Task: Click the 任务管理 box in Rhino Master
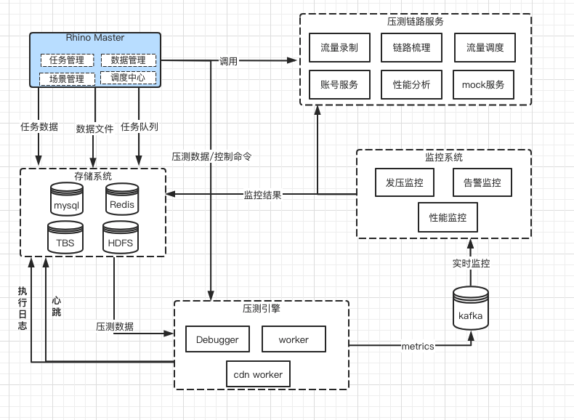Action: click(67, 60)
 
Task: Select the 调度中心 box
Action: click(128, 78)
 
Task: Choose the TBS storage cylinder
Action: click(65, 238)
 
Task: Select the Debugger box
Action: click(217, 339)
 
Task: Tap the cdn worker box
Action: click(257, 374)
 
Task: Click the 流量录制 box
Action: click(339, 47)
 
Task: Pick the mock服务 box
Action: click(483, 84)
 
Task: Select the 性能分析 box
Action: click(411, 84)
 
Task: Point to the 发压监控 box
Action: click(405, 182)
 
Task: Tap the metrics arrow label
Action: click(418, 347)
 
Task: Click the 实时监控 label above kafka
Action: click(471, 263)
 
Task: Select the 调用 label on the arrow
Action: click(229, 61)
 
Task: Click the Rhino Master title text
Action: click(94, 38)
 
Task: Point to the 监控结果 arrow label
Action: click(262, 195)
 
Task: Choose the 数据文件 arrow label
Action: click(94, 129)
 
